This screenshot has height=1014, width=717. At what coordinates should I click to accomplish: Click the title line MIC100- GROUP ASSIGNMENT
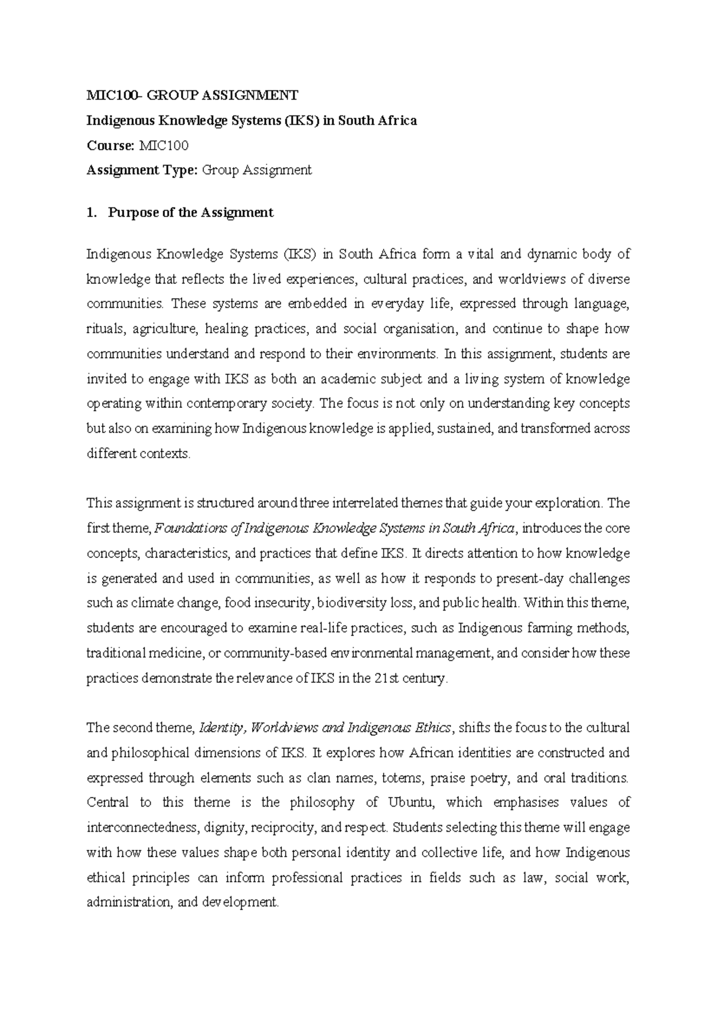coord(192,95)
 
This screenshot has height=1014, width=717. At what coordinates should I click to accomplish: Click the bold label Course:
coord(111,145)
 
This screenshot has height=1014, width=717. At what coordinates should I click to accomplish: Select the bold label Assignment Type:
coord(142,170)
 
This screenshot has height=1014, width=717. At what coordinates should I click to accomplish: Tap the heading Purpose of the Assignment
coord(191,213)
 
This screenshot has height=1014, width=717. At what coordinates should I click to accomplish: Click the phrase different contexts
coord(138,454)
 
